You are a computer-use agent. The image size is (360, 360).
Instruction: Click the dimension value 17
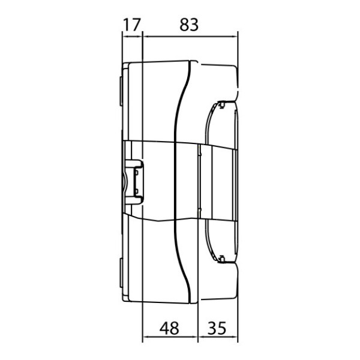131,25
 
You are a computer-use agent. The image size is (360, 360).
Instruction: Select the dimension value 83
189,25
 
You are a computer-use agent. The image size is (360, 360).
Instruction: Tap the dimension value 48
169,329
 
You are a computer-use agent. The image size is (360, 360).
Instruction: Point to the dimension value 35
217,329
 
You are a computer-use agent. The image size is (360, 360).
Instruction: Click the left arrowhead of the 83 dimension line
146,36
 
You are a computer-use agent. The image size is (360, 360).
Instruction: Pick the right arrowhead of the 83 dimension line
235,36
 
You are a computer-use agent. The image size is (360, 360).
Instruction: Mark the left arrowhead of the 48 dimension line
146,337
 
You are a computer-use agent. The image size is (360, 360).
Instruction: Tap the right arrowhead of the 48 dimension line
194,337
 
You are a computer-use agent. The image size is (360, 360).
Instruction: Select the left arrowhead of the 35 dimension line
202,337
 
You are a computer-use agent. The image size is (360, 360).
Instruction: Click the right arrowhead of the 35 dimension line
235,337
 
